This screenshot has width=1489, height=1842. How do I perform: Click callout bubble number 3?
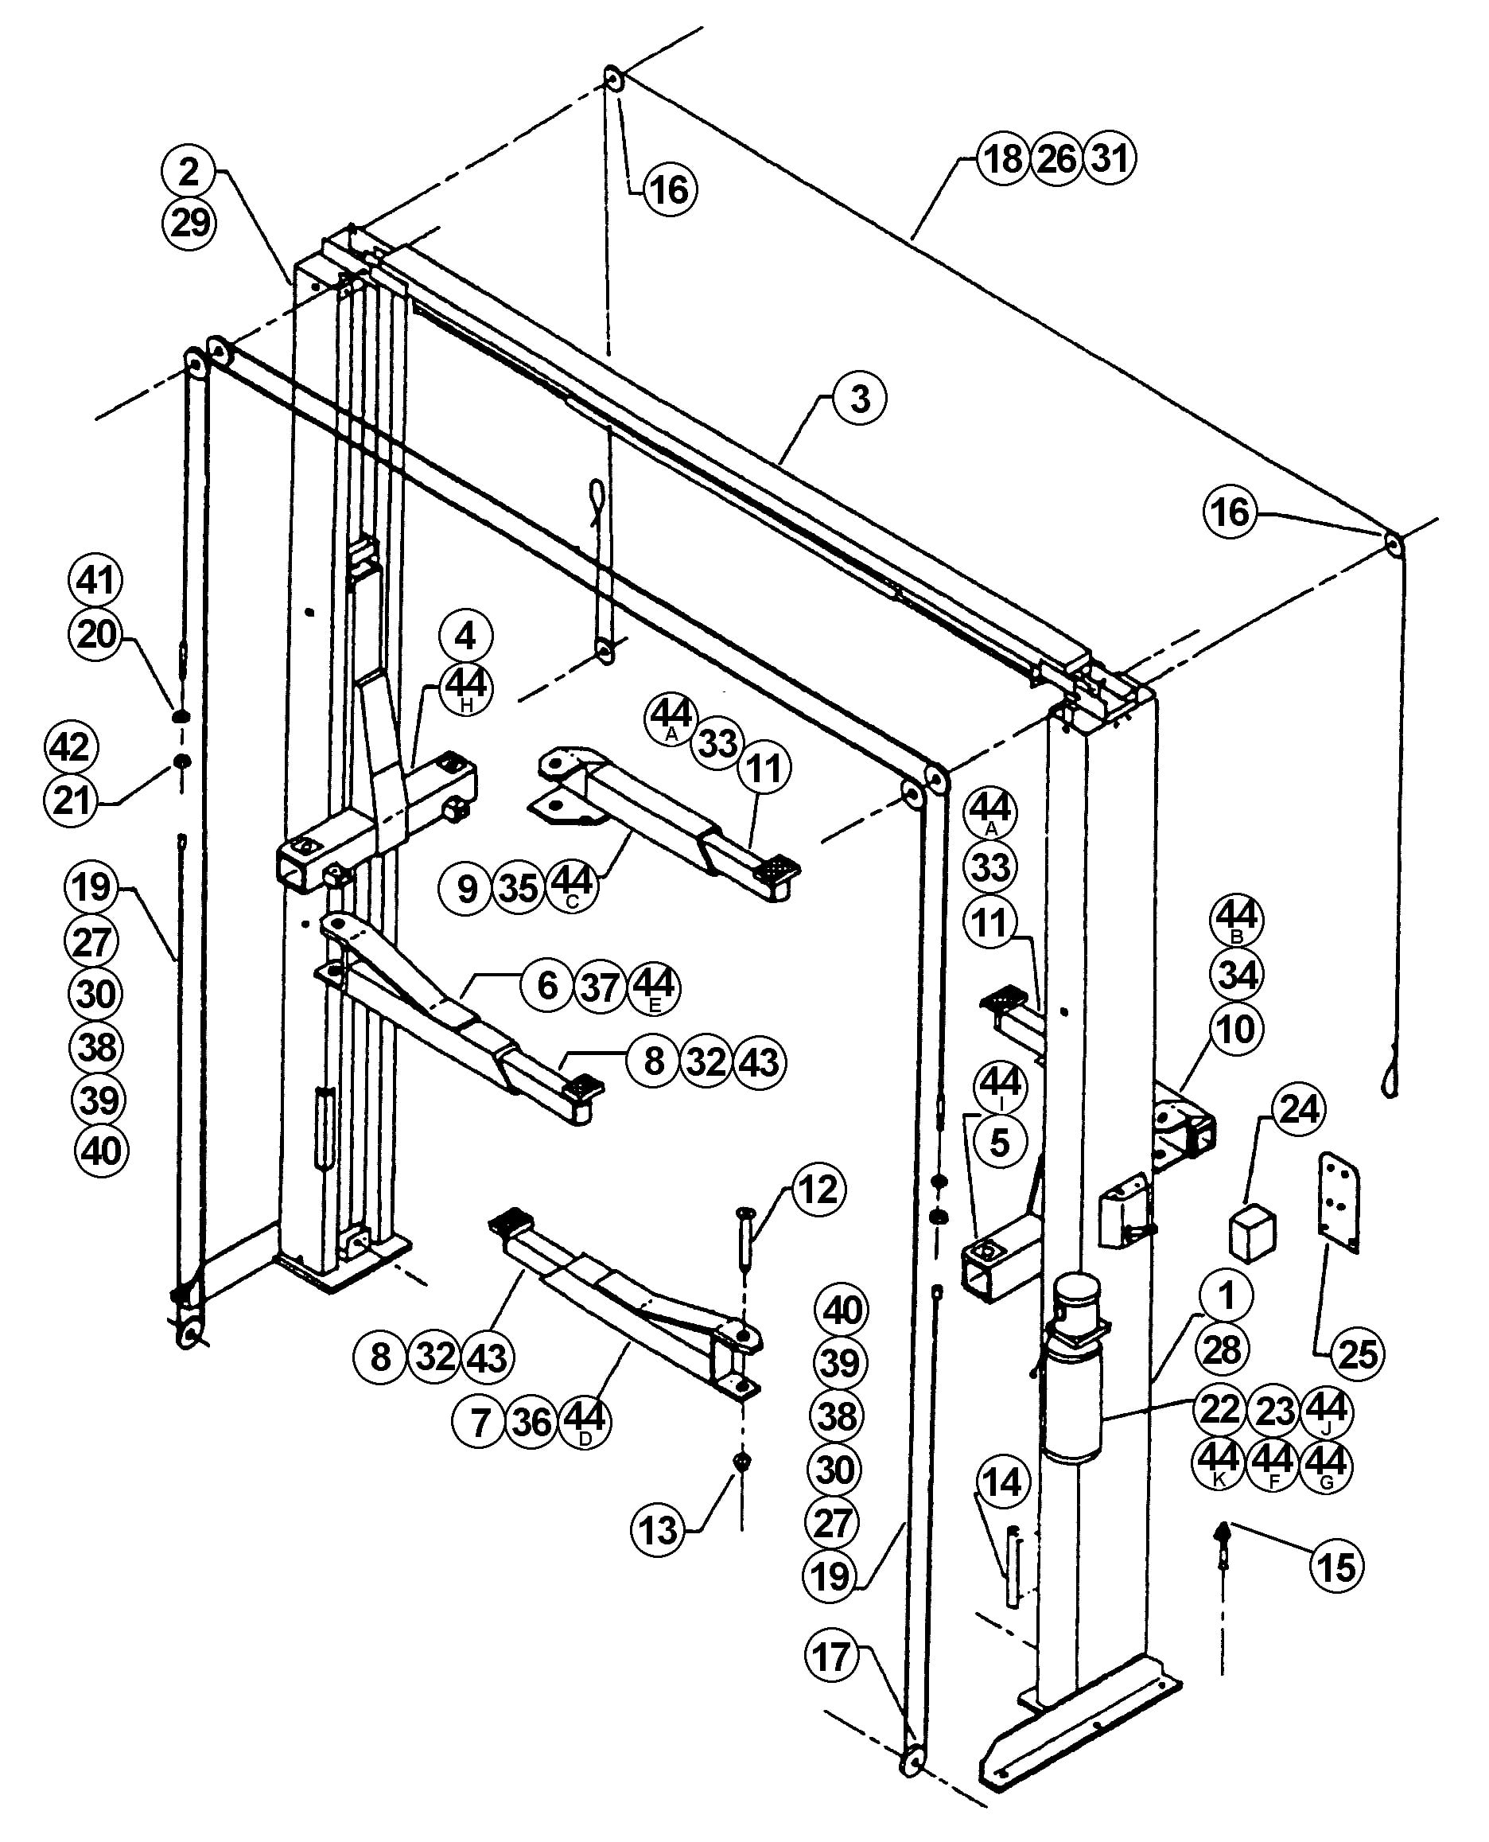(x=859, y=399)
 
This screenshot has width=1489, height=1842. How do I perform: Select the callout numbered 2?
(x=189, y=172)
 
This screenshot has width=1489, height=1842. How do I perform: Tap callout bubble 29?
(x=189, y=223)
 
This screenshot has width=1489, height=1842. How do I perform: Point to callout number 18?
(x=1004, y=158)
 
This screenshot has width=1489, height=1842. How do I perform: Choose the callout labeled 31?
(x=1110, y=158)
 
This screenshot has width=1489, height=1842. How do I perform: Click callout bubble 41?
(x=95, y=581)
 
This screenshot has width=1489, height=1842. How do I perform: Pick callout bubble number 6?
(x=547, y=986)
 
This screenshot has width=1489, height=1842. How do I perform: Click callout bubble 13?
(x=658, y=1530)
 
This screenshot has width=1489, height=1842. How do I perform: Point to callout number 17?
(x=831, y=1657)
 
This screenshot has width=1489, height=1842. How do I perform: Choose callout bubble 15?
(x=1336, y=1567)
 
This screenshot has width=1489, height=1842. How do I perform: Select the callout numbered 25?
(x=1357, y=1353)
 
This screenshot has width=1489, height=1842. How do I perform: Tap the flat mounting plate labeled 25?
(x=1338, y=1202)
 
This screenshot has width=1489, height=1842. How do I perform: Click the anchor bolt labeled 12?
(x=743, y=1238)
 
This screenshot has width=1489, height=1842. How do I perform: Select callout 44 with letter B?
(x=1237, y=920)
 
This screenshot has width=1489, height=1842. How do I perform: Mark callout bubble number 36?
(x=533, y=1423)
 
